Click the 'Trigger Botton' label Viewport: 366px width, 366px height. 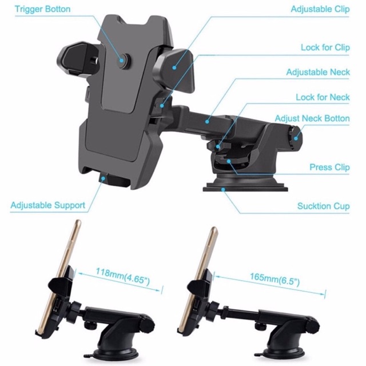(42, 9)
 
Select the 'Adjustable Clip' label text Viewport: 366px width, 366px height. (320, 9)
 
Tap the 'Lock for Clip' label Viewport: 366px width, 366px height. (325, 47)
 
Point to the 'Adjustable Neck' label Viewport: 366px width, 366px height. (318, 72)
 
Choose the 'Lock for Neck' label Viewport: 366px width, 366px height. (323, 97)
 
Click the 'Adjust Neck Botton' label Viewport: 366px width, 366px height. (312, 118)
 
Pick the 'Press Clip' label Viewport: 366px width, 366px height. (329, 167)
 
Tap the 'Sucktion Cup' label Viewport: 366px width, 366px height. (323, 206)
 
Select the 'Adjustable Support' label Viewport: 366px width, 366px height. (48, 205)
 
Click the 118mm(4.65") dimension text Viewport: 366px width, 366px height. (123, 277)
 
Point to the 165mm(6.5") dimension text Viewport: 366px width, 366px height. (274, 279)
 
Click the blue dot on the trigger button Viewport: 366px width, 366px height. (122, 61)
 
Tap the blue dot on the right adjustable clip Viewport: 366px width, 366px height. (174, 67)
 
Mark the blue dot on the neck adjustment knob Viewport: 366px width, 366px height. (296, 138)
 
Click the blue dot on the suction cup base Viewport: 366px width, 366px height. (224, 189)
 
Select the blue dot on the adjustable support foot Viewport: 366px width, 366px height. (103, 178)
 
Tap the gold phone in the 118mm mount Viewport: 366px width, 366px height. (58, 278)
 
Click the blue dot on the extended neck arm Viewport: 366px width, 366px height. (207, 122)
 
